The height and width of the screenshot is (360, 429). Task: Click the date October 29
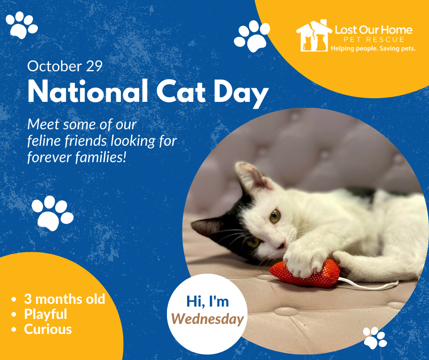(65, 66)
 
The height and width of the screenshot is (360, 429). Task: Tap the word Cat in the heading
(181, 91)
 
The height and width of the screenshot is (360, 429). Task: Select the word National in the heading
(88, 91)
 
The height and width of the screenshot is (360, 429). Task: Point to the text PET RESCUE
(374, 39)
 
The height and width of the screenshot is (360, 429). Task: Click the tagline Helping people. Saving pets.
(373, 48)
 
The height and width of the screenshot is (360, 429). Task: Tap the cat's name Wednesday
(207, 319)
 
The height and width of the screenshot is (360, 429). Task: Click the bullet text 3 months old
(64, 299)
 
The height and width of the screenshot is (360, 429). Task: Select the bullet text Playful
(46, 314)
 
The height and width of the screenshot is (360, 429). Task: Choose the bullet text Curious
(48, 329)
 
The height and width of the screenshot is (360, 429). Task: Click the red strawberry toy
(305, 273)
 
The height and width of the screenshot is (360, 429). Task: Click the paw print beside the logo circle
(252, 36)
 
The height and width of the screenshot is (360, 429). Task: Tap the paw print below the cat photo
(375, 338)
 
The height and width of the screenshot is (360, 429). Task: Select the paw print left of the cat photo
(52, 213)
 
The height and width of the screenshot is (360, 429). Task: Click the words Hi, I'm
(207, 302)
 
